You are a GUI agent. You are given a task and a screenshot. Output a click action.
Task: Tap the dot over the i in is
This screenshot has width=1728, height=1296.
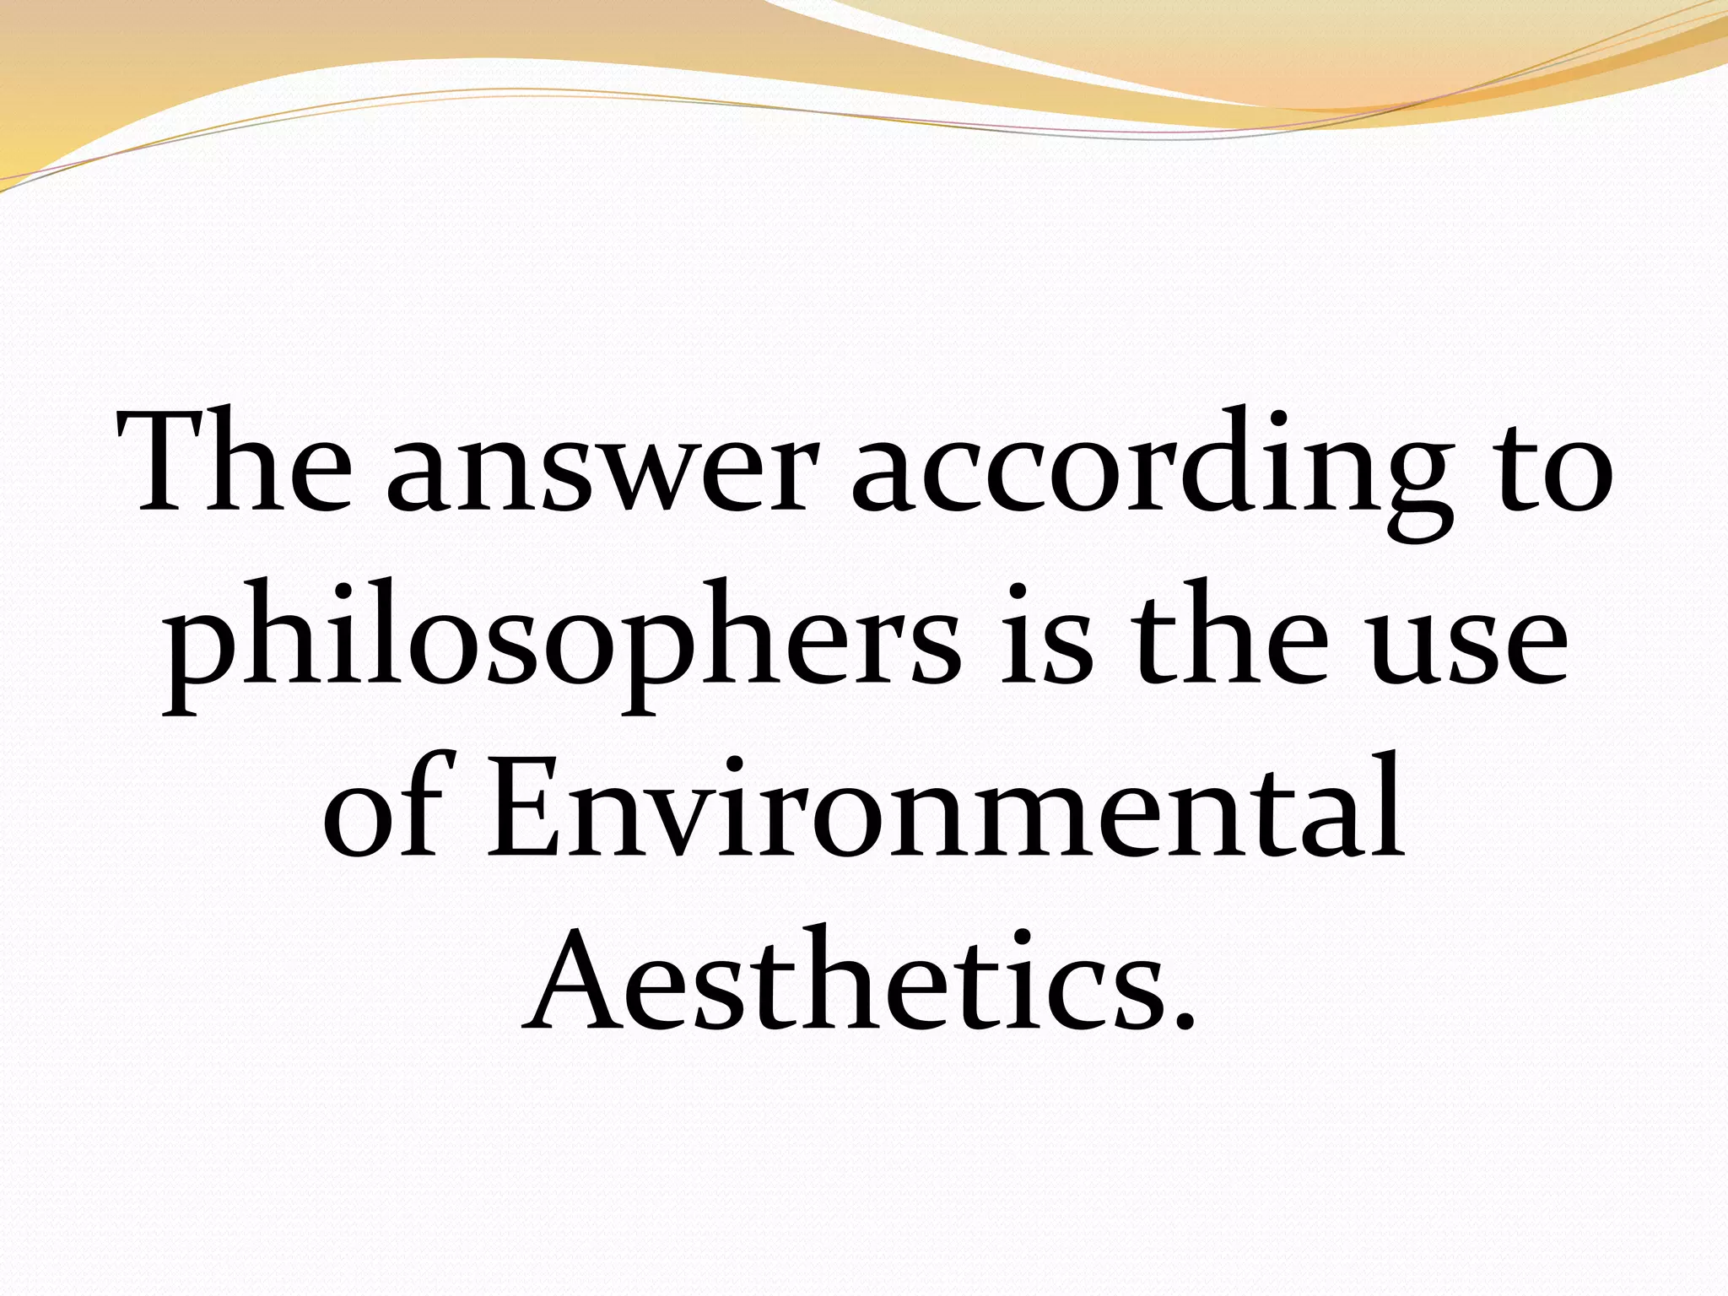pyautogui.click(x=1019, y=590)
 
